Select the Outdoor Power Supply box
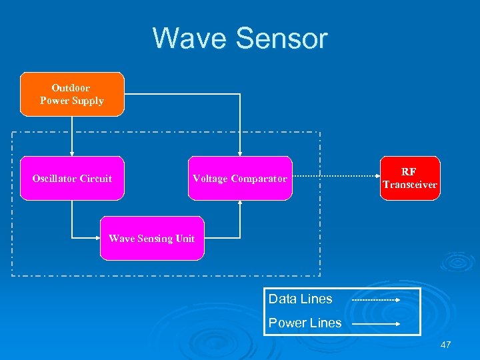point(72,95)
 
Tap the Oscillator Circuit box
point(72,179)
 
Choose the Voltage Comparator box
point(240,179)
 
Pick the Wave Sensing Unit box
point(152,239)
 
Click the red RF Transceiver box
point(410,179)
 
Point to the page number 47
point(446,345)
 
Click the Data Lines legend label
point(300,299)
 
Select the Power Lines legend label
point(305,323)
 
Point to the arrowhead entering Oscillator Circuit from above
point(72,153)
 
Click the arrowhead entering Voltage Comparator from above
point(240,153)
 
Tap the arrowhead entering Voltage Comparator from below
point(240,204)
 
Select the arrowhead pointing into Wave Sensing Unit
point(97,237)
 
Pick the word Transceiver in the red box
point(410,185)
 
